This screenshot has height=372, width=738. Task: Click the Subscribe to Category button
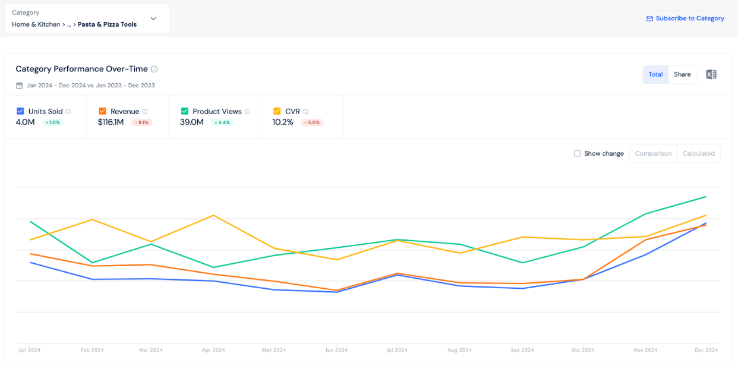(685, 18)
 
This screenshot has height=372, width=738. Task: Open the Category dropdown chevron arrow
(153, 19)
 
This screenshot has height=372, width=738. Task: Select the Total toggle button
(655, 74)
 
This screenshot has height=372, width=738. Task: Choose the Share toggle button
(682, 74)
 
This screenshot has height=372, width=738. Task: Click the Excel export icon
(711, 74)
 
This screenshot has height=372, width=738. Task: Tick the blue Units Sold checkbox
(20, 111)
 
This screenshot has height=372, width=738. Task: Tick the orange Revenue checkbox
(102, 111)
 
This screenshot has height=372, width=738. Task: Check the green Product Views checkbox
(185, 111)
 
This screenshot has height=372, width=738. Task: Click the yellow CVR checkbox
(277, 111)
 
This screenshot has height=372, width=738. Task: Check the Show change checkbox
(577, 153)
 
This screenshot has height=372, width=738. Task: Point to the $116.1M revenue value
(111, 122)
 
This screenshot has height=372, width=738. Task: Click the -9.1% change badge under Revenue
(141, 122)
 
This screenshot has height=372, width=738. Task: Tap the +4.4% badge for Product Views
(222, 122)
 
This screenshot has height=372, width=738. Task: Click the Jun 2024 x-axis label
(336, 350)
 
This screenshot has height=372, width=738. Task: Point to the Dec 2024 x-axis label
(706, 350)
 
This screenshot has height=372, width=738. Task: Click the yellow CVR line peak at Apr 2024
(213, 215)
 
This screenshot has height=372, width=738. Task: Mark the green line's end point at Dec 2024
(706, 197)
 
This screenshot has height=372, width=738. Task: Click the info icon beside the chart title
(154, 69)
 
